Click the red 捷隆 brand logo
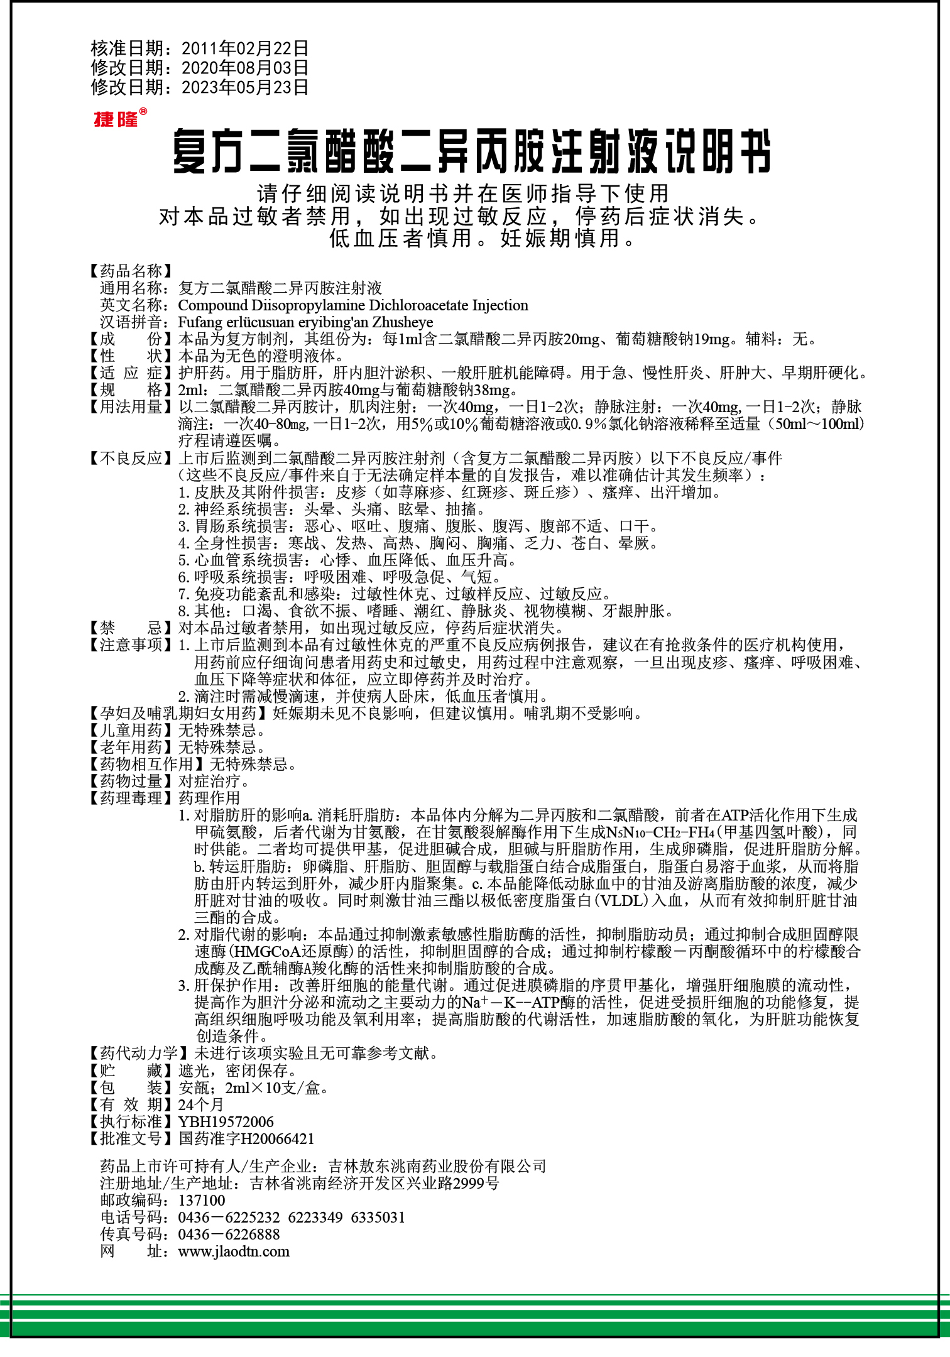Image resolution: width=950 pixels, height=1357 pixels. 117,118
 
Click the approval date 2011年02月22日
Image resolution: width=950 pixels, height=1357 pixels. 244,48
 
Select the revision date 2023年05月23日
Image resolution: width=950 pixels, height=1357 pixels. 244,87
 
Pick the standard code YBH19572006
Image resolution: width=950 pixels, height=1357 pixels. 226,1121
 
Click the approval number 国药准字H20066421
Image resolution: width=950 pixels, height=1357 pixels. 246,1138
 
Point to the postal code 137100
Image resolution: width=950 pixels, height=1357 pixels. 202,1200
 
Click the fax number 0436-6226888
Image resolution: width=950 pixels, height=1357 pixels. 229,1234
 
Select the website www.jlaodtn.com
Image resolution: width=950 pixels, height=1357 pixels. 234,1251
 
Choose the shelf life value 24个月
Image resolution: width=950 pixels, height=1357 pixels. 201,1104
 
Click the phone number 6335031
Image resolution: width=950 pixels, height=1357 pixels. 378,1217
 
